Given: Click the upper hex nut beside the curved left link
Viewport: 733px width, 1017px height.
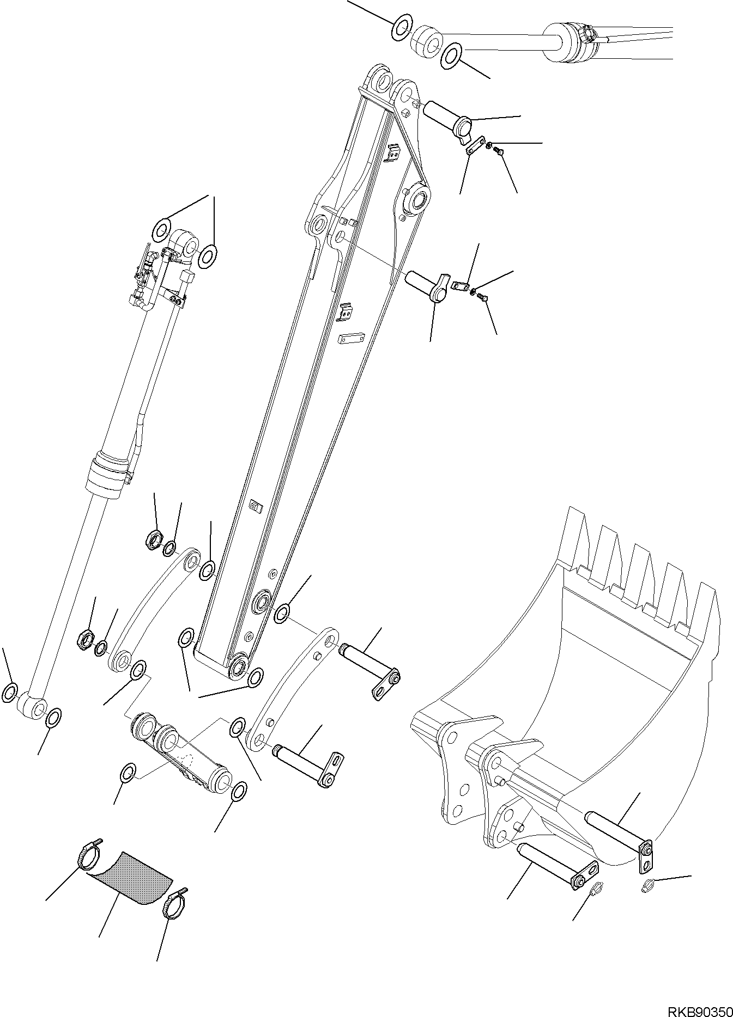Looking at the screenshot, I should point(155,541).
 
